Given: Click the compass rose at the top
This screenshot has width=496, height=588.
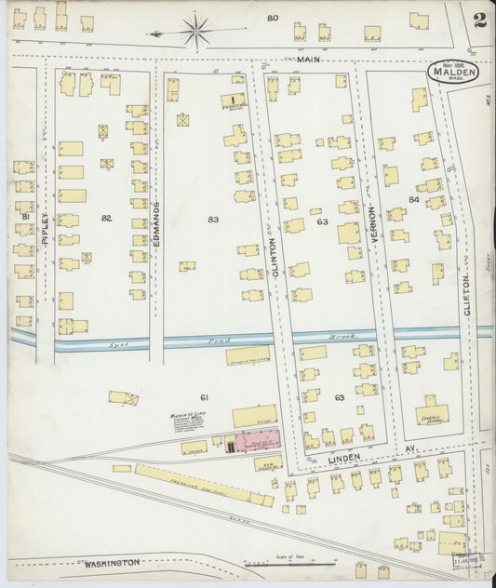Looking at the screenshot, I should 195,32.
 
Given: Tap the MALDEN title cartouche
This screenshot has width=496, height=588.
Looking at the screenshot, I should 453,72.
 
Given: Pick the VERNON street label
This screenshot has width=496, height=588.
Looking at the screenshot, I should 371,223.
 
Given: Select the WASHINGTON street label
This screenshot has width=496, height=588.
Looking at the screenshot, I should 111,563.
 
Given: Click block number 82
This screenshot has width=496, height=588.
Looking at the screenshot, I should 106,218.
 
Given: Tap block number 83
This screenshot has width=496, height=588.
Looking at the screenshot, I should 213,219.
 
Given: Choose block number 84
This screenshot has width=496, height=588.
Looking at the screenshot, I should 413,200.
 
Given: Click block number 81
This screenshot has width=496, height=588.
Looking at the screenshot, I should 25,217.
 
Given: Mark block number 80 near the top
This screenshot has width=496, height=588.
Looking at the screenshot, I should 273,18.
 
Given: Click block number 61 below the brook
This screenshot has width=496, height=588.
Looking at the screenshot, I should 204,397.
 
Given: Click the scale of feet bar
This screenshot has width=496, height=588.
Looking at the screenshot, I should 290,563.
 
